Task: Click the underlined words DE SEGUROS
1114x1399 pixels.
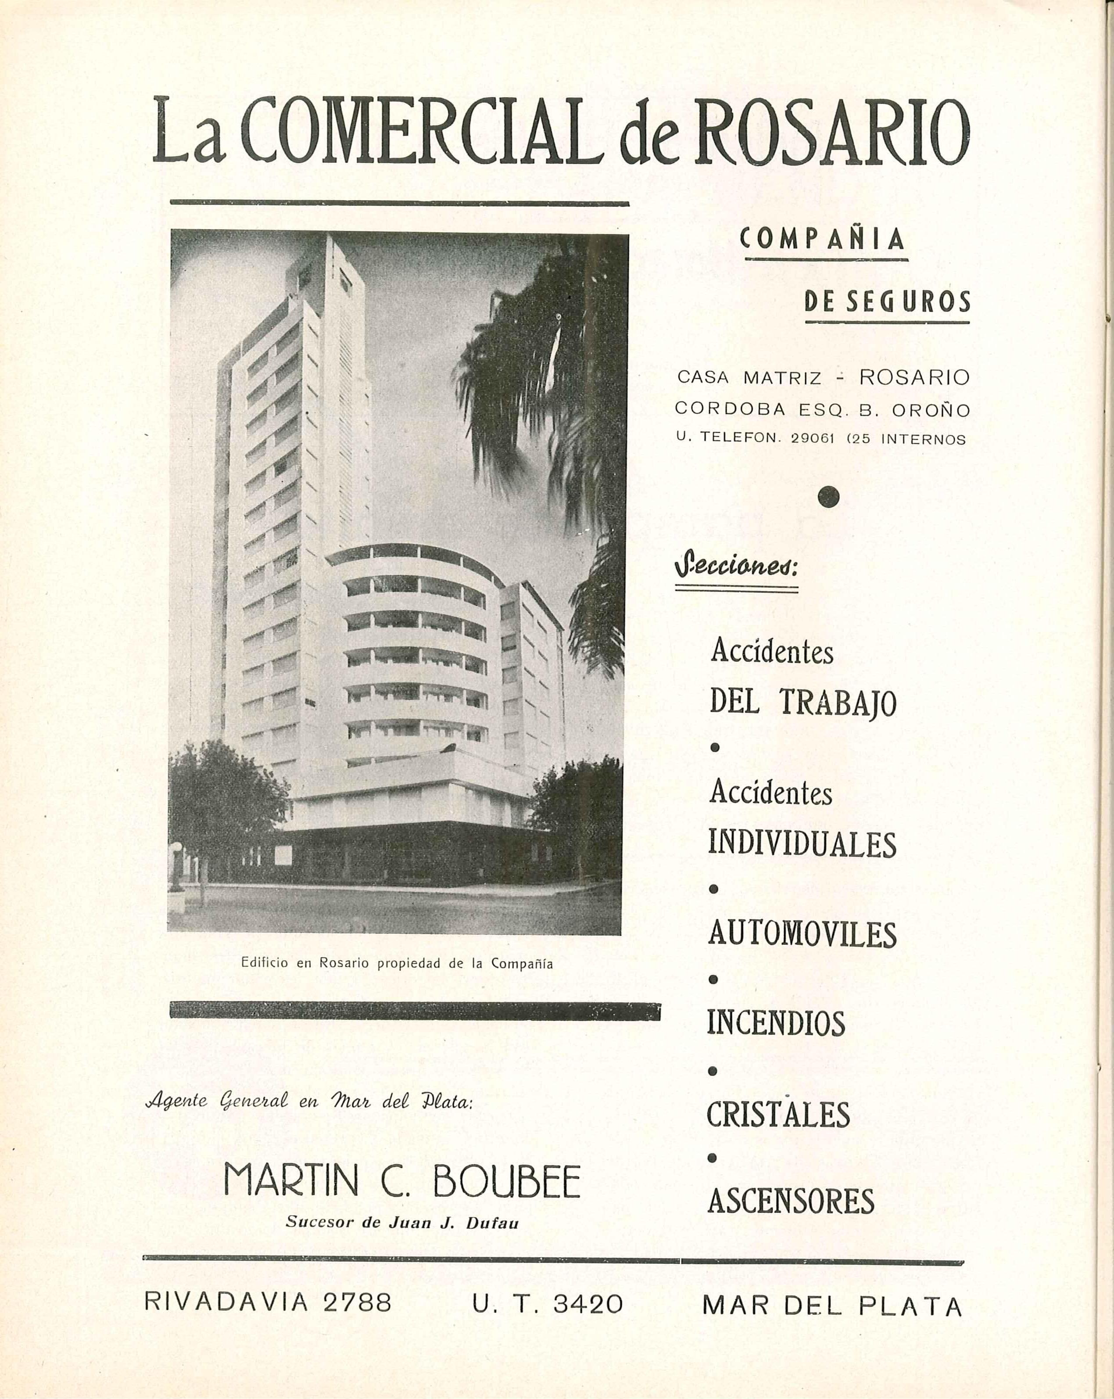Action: point(887,302)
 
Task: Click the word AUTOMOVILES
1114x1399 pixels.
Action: point(802,934)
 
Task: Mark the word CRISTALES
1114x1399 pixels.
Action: point(778,1114)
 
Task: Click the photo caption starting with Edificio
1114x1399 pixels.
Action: point(397,964)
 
